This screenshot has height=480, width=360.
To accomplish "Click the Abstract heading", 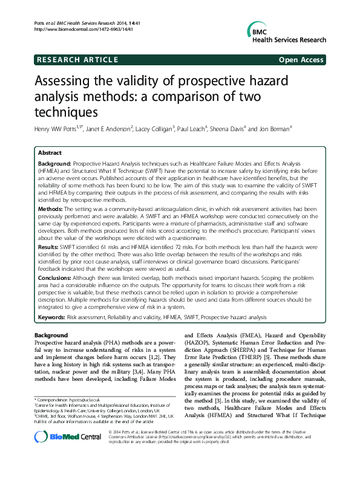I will point(50,155).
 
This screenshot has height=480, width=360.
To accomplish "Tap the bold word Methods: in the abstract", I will point(51,209).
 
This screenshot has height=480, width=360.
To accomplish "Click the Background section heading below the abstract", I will point(51,334).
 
